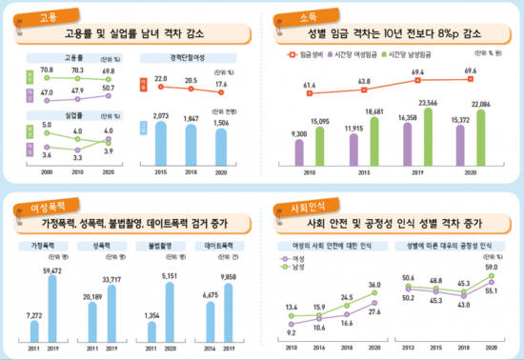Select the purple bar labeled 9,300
point(300,150)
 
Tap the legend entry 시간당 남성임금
point(440,55)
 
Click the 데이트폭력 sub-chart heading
point(218,244)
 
